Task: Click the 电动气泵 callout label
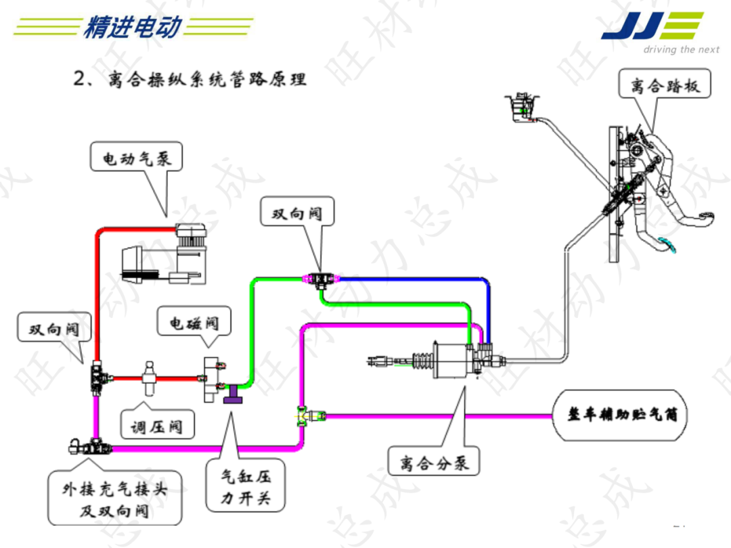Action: [137, 158]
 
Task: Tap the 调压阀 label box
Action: [156, 427]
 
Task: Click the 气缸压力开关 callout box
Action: [246, 488]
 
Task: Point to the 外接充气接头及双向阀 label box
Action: [114, 499]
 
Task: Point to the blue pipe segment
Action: [413, 278]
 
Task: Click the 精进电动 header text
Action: [133, 27]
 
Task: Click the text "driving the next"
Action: [680, 49]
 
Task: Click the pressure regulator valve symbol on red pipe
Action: [149, 376]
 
